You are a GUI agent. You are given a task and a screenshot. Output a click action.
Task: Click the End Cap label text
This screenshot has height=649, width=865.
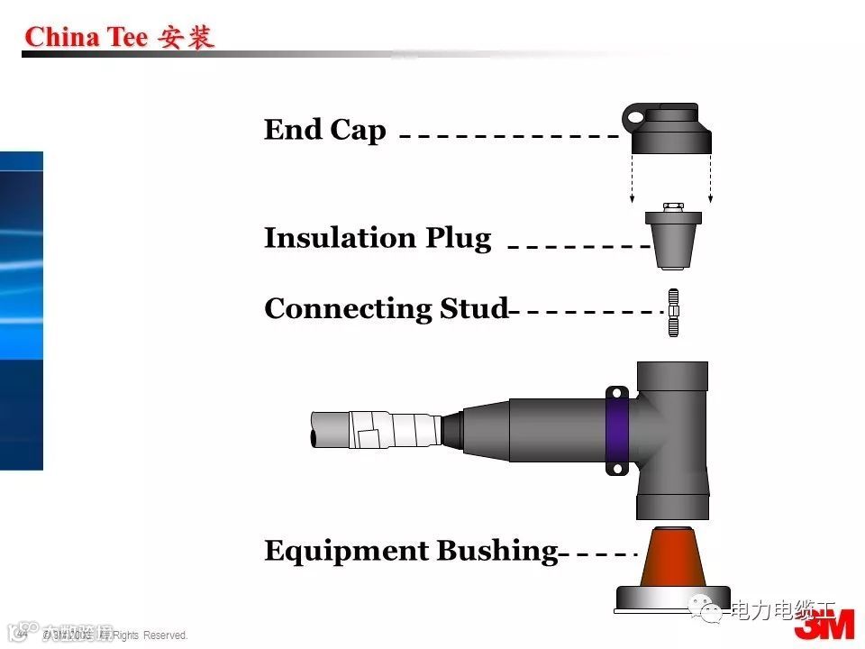click(324, 130)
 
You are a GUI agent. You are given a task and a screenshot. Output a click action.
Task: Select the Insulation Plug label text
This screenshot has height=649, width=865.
click(378, 238)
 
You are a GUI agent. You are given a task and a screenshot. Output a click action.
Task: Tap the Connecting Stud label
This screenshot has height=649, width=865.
click(386, 308)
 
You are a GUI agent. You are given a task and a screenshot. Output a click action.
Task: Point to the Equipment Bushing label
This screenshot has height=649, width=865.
click(411, 550)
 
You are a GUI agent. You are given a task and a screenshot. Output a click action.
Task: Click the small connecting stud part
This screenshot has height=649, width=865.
click(673, 312)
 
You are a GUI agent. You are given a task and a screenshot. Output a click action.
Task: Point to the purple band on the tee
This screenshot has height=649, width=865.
click(617, 431)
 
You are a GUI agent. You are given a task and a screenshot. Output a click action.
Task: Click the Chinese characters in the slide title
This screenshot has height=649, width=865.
click(186, 37)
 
